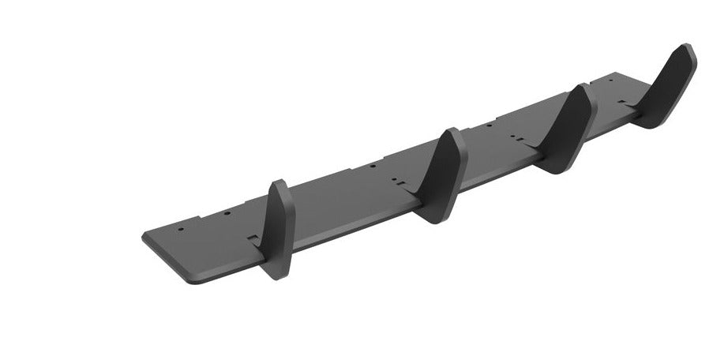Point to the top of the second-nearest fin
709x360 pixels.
(x=451, y=131)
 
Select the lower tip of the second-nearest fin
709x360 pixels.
(x=439, y=220)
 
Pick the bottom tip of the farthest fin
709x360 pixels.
(x=652, y=125)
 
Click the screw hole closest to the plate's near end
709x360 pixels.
(x=181, y=230)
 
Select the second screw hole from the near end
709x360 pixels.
(x=227, y=213)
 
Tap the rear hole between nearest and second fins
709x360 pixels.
(x=372, y=167)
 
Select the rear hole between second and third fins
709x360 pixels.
(x=490, y=126)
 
